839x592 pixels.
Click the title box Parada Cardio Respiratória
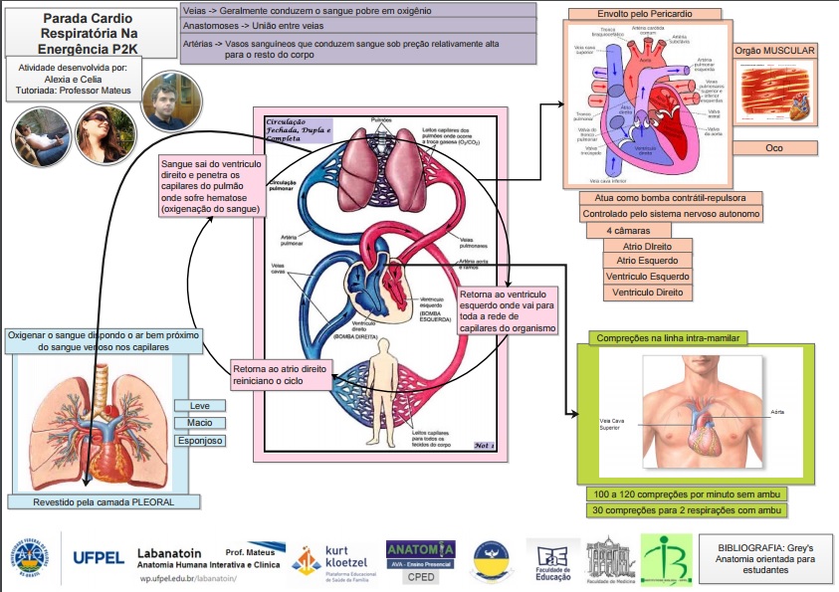76,33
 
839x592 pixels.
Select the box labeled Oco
774,148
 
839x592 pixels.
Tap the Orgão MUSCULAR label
774,51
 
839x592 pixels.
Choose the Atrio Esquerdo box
648,261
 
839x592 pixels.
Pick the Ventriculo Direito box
648,293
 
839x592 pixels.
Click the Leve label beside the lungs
199,405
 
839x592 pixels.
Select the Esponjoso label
199,440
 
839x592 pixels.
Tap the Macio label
199,423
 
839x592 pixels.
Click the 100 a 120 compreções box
686,493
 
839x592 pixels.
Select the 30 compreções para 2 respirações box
686,510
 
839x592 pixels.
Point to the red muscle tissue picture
774,98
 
